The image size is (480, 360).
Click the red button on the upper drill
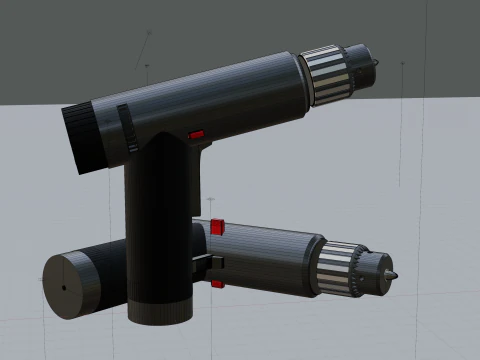pos(197,133)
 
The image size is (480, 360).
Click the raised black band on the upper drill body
pos(128,129)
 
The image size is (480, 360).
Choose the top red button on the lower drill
pos(217,227)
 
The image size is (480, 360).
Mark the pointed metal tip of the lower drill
pos(393,274)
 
